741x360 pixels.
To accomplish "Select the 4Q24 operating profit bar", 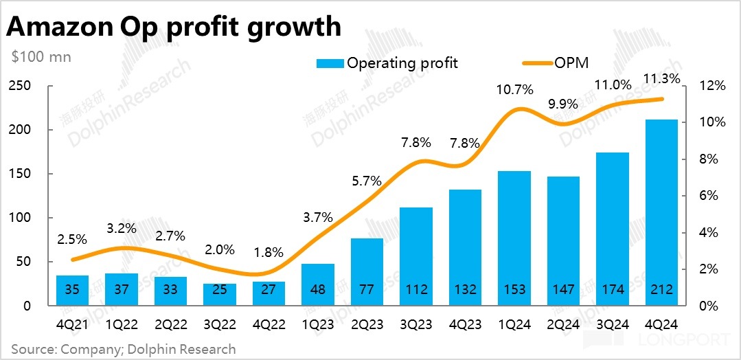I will pos(661,212).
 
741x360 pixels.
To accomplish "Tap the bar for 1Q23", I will pos(318,284).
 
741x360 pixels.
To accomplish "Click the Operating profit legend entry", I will pos(387,63).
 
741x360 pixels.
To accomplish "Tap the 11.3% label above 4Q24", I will pos(662,78).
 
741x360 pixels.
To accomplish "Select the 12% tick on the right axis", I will pos(711,86).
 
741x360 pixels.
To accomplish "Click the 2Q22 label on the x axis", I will pos(170,322).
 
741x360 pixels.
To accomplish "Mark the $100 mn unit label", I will pos(41,57).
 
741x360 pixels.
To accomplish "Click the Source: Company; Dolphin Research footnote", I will pos(123,349).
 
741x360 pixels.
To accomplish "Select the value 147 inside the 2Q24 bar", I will pos(564,289).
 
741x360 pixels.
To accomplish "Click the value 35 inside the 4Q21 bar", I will pos(72,289).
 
